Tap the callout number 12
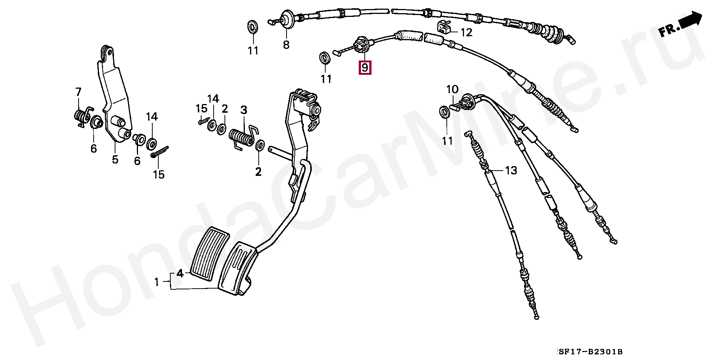[x=466, y=33]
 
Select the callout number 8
[x=286, y=45]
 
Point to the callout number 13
[x=511, y=171]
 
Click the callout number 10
[x=452, y=89]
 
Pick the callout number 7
[x=78, y=92]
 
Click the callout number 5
[x=115, y=159]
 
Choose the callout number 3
[x=244, y=110]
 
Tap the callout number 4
[x=180, y=273]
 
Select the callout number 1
[x=157, y=281]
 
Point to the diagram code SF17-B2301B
[x=590, y=352]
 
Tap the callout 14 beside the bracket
[x=152, y=116]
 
